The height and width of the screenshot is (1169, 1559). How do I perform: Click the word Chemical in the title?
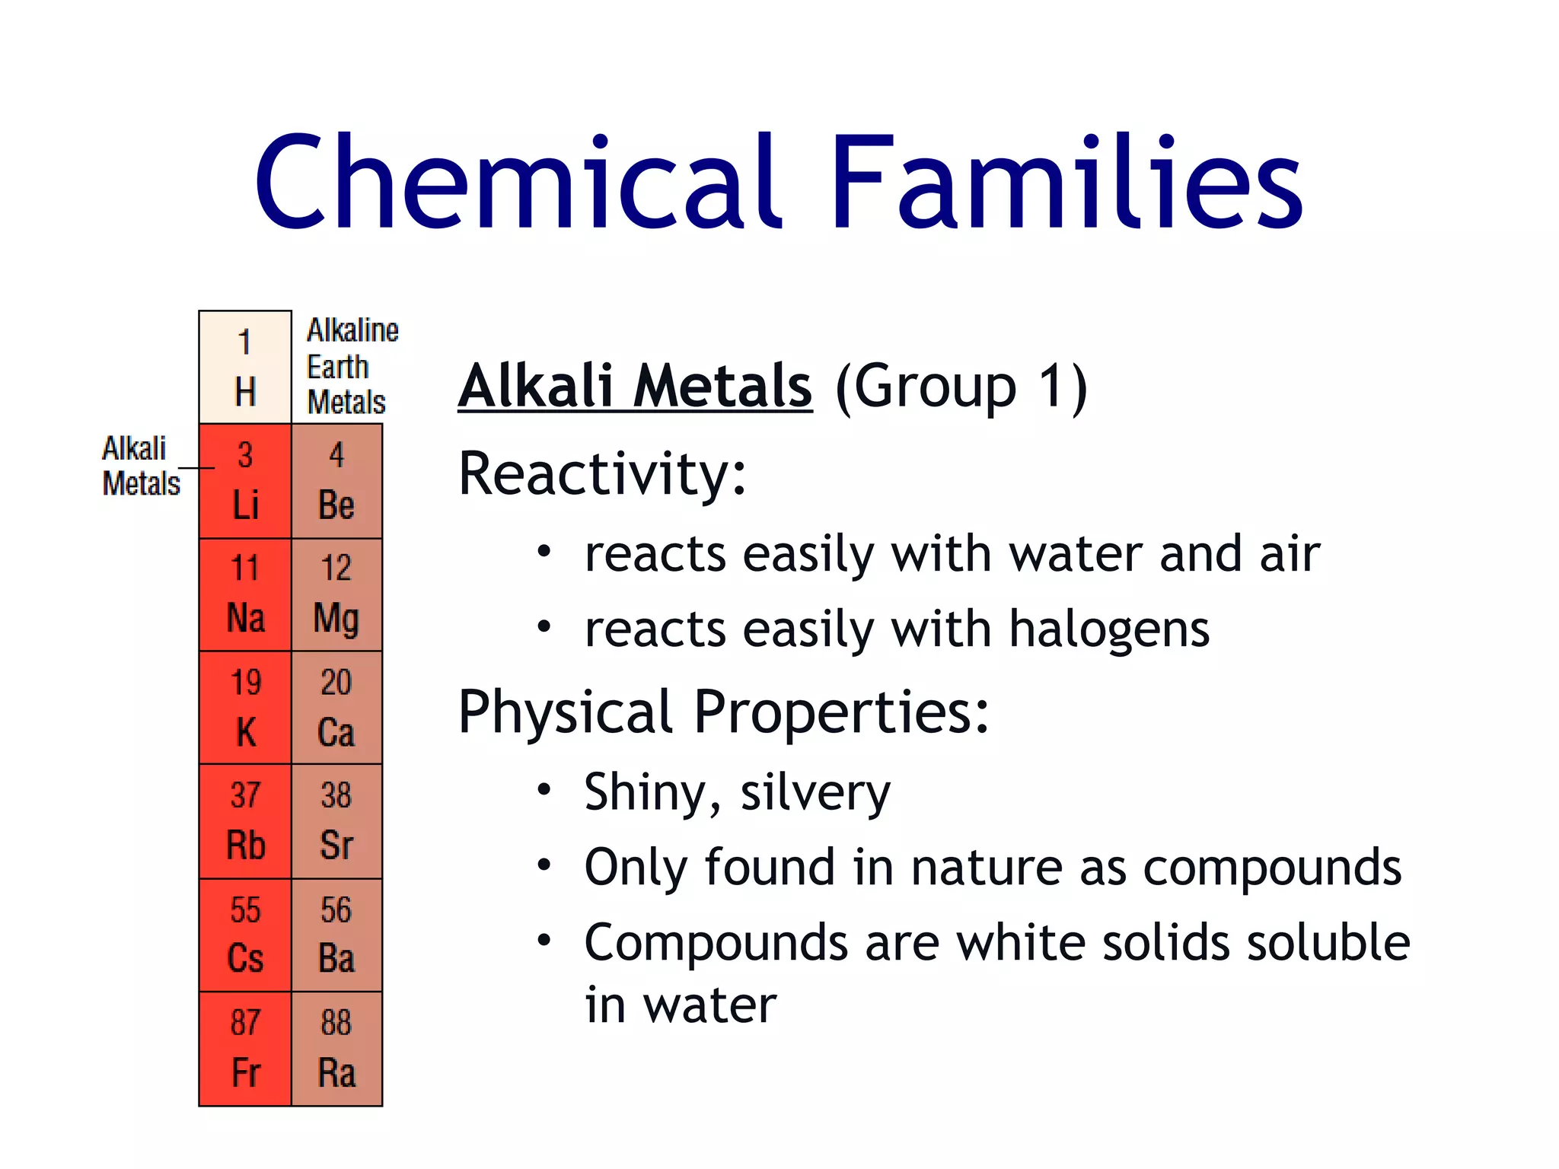click(518, 183)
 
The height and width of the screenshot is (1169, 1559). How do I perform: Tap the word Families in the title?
click(1066, 183)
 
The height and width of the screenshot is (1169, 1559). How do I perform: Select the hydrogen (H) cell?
click(244, 368)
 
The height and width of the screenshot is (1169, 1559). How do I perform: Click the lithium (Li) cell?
click(244, 481)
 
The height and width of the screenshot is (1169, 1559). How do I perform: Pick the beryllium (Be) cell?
click(336, 481)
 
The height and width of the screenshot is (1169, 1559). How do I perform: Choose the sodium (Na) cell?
click(244, 594)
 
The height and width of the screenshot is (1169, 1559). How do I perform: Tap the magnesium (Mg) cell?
click(336, 594)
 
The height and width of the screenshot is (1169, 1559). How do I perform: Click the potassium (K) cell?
click(244, 708)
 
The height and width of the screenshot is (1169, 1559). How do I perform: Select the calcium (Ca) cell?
click(336, 708)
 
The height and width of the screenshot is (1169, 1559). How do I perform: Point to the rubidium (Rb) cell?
click(244, 821)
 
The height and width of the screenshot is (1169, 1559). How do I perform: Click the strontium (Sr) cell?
click(336, 821)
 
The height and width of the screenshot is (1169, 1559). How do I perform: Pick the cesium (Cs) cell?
click(244, 935)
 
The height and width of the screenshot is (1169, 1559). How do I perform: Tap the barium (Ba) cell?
click(336, 935)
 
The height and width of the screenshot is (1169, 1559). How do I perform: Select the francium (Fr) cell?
click(244, 1048)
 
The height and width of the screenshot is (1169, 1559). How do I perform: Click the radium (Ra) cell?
click(336, 1048)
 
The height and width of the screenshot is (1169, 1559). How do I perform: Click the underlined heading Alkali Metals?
click(635, 386)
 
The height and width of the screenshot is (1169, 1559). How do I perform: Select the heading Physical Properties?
click(723, 712)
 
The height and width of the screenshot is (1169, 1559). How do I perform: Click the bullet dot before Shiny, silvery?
click(544, 790)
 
